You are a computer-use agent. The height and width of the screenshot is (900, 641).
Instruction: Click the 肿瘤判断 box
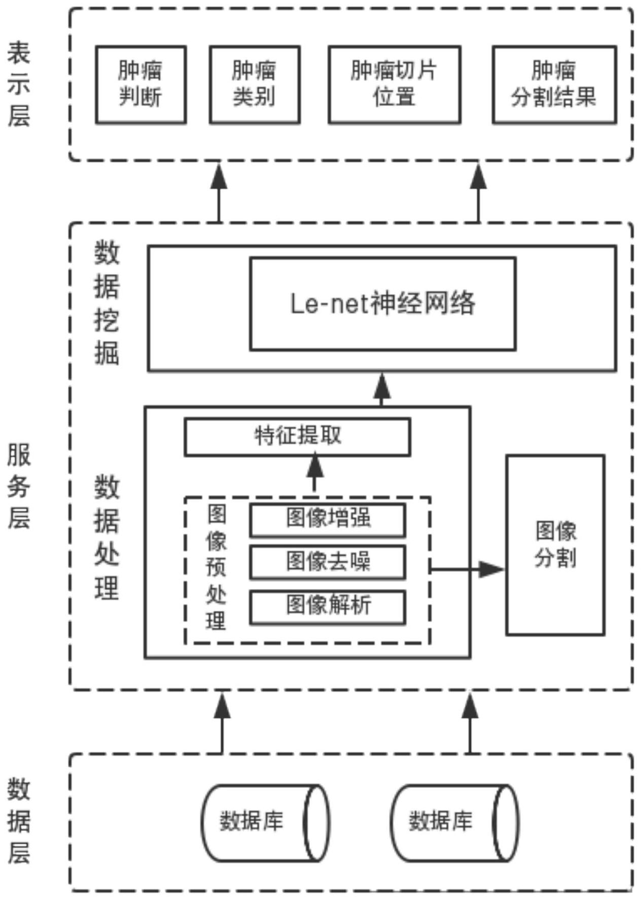point(140,84)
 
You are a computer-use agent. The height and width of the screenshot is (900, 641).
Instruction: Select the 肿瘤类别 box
point(255,84)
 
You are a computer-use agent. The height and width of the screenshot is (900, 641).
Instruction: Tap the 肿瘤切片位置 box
point(394,84)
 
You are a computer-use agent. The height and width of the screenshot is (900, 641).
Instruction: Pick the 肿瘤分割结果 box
point(554,84)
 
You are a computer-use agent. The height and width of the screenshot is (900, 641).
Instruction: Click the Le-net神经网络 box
point(382,303)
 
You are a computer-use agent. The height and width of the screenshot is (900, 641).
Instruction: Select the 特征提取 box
point(297,436)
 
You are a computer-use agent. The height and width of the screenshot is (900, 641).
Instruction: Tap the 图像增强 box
point(328,519)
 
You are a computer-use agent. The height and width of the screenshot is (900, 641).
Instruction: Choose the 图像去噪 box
point(328,562)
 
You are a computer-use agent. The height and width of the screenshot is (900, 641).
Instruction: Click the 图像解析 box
point(328,606)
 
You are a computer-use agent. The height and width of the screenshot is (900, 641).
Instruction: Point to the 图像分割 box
point(555,545)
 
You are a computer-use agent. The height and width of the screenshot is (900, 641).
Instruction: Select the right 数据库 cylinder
point(454,822)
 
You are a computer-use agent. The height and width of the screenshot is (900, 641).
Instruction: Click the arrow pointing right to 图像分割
point(467,569)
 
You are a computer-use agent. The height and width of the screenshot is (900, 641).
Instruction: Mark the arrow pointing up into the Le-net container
point(381,389)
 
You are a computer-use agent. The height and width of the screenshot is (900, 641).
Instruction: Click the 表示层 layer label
point(19,84)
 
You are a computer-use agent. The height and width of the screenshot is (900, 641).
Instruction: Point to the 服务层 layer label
point(19,486)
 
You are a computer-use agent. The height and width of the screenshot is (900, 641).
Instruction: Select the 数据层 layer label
point(19,821)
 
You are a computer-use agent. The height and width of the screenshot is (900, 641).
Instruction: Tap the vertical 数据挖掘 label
point(106,303)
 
